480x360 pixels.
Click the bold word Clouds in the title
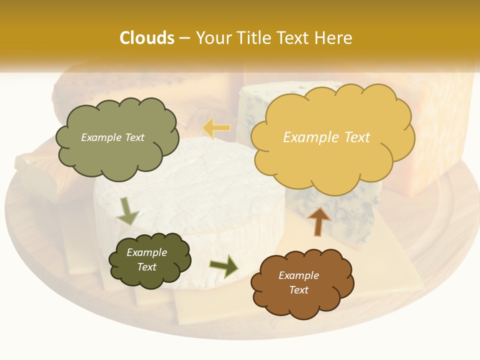(x=147, y=38)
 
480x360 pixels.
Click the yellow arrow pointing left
(x=216, y=128)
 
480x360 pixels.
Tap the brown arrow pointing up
(x=318, y=221)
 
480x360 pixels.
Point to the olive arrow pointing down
(x=127, y=211)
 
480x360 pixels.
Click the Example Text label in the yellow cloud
(x=326, y=137)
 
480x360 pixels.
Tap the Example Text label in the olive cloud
(x=112, y=137)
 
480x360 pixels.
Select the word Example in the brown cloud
(x=298, y=275)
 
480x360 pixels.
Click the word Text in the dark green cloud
(x=147, y=267)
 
